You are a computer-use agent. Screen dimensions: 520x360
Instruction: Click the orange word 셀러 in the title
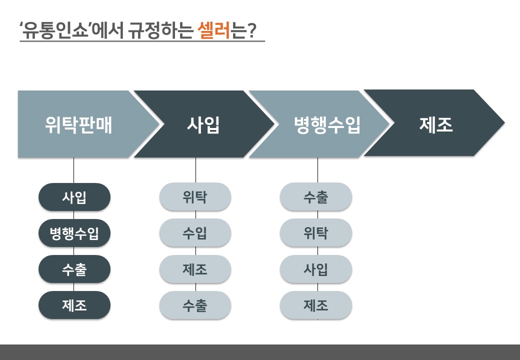(x=214, y=30)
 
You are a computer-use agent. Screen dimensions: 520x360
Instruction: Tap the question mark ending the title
(x=252, y=30)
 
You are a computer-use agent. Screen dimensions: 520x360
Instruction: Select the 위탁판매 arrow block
(x=89, y=124)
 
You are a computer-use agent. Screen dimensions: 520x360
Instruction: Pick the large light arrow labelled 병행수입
(x=319, y=124)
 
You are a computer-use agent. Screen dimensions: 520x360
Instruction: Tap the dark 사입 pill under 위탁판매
(x=74, y=197)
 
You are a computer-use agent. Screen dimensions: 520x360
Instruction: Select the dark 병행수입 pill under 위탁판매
(x=74, y=233)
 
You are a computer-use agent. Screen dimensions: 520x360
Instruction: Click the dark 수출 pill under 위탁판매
(x=74, y=269)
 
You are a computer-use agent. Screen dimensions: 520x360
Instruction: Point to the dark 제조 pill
(x=74, y=305)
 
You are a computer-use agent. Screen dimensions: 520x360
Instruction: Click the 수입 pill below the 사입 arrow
(x=195, y=232)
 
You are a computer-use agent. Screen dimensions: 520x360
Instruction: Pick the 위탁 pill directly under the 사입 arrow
(x=195, y=197)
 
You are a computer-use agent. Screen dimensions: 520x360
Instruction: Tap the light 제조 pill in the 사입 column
(x=195, y=269)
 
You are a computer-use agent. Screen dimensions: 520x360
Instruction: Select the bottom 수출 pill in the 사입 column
(x=195, y=305)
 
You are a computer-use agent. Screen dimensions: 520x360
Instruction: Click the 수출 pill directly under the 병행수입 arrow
(x=316, y=197)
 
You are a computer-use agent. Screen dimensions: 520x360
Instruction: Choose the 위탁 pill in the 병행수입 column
(x=316, y=232)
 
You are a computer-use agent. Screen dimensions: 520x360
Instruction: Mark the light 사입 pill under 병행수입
(x=316, y=269)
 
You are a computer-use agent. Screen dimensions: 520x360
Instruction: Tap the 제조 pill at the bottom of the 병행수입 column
(x=316, y=305)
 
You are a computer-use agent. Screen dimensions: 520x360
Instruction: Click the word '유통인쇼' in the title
(x=55, y=30)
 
